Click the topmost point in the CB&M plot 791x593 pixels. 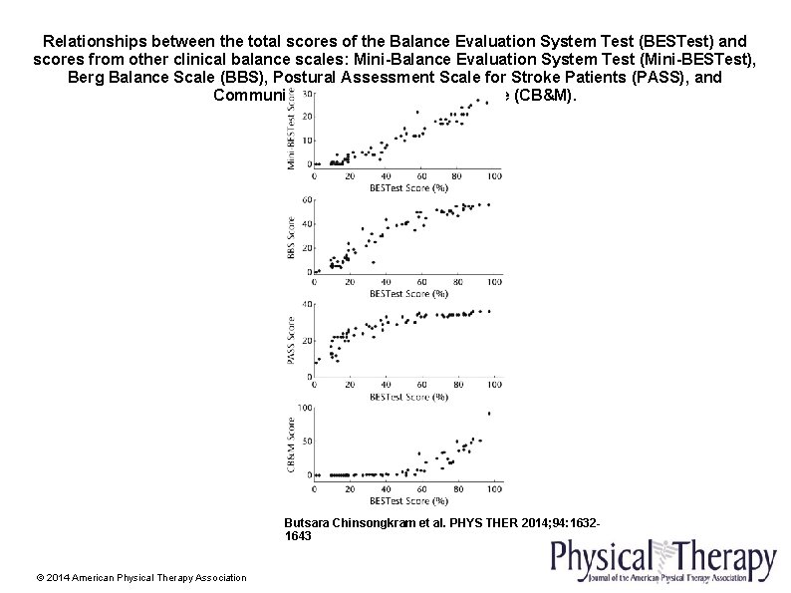tap(488, 414)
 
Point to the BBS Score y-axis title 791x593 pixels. tap(292, 236)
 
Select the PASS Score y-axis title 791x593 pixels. tap(292, 339)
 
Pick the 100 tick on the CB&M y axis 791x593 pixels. tap(304, 407)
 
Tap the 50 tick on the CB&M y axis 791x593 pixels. tap(306, 441)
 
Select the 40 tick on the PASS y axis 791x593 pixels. tap(306, 304)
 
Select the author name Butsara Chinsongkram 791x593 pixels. tap(347, 521)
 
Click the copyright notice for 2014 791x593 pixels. tap(140, 577)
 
